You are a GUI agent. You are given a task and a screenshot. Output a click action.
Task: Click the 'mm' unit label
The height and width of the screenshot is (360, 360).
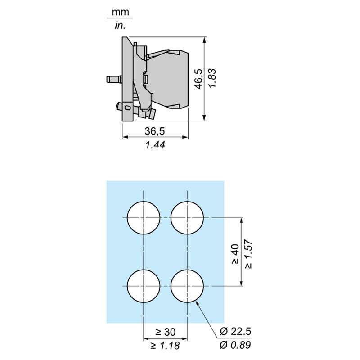pos(120,11)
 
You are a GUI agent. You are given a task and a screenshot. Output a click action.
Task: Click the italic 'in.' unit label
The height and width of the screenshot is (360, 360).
pos(120,26)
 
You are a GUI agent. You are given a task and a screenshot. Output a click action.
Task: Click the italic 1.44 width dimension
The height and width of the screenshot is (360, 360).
pos(155,145)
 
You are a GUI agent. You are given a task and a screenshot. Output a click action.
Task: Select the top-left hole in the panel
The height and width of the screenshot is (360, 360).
pos(144,218)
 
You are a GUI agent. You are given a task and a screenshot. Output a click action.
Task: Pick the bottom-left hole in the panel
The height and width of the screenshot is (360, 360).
pos(144,286)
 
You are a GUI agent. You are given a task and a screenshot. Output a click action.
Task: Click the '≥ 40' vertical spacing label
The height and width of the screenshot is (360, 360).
pos(235,254)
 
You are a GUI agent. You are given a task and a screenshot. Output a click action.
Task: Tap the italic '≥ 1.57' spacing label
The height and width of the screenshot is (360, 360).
pos(249,254)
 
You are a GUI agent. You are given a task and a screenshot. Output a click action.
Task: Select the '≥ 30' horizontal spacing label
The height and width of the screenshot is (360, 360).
pos(165,332)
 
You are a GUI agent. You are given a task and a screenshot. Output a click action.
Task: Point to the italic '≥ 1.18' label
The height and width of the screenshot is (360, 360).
pos(165,346)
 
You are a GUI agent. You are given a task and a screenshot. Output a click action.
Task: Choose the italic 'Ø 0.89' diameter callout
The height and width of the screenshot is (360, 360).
pos(235,346)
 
